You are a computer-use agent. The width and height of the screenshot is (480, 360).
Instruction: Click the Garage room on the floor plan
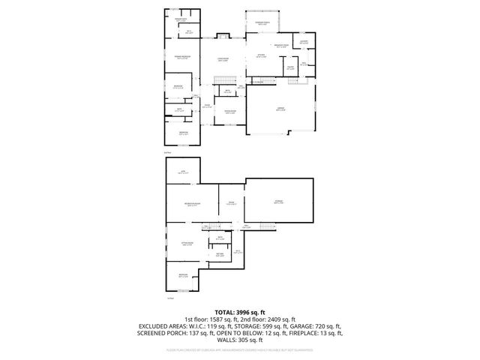click(280, 109)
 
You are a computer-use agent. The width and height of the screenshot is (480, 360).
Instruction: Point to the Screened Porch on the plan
click(263, 24)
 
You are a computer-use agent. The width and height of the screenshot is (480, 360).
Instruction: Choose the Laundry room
click(303, 43)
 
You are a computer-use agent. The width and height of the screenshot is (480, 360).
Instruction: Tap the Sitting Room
click(187, 244)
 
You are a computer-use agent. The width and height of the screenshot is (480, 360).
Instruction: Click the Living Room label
click(222, 59)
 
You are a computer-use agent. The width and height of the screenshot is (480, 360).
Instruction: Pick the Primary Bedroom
click(180, 57)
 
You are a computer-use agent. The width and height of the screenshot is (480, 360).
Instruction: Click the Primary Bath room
click(181, 21)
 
